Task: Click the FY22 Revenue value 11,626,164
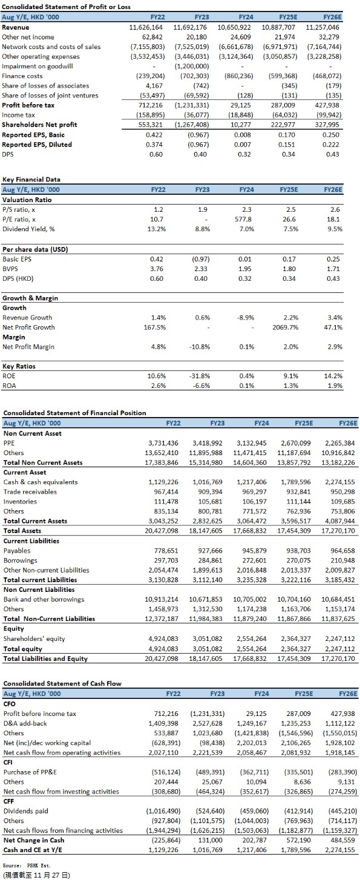(146, 27)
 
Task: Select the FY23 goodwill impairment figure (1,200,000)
(192, 66)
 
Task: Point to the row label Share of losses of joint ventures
(50, 96)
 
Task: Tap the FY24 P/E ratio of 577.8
(243, 219)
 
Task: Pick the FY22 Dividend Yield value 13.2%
(156, 229)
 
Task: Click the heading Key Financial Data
(31, 180)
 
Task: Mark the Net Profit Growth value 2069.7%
(286, 327)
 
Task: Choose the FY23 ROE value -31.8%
(200, 376)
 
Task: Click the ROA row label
(9, 386)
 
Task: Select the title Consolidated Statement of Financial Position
(74, 413)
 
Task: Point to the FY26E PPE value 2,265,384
(338, 443)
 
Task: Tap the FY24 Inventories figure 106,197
(254, 502)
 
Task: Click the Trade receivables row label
(30, 492)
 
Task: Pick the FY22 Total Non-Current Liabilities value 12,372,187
(162, 619)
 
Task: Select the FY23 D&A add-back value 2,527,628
(208, 723)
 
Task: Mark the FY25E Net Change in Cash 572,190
(298, 840)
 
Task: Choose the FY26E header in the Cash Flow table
(348, 694)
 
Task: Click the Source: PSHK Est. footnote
(26, 865)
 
